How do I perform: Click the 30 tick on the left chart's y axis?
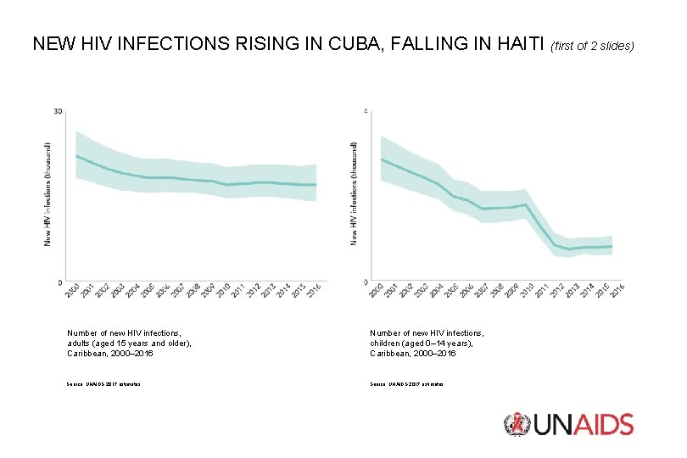click(58, 111)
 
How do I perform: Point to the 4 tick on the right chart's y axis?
click(365, 111)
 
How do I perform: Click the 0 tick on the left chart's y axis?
click(59, 282)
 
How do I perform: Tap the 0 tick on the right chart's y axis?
click(365, 282)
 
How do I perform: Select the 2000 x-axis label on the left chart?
click(72, 291)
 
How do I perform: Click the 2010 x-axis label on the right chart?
click(526, 291)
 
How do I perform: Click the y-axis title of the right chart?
click(354, 194)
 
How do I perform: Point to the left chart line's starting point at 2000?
click(76, 155)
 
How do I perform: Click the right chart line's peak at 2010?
click(526, 204)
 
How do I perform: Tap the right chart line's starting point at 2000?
click(382, 159)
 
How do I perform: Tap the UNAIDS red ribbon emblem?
click(515, 425)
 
